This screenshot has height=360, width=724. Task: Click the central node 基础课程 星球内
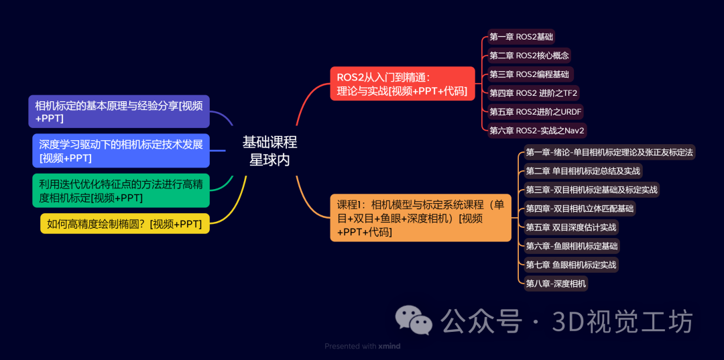tap(269, 151)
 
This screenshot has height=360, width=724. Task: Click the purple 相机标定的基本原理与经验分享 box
tap(119, 111)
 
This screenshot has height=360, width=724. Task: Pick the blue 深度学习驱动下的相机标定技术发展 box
tap(121, 151)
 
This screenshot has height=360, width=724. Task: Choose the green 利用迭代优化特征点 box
tap(121, 190)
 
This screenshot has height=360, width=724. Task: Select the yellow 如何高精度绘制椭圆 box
tap(125, 224)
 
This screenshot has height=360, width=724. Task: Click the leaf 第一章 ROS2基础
tap(522, 37)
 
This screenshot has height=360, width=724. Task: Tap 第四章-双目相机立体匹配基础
tap(580, 208)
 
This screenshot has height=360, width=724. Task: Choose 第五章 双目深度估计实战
tap(571, 227)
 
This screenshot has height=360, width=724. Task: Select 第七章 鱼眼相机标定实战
tap(571, 265)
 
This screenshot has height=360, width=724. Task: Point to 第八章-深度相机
tap(556, 284)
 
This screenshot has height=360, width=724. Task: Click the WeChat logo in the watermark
tap(413, 320)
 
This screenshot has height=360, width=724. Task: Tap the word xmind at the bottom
tap(389, 347)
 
